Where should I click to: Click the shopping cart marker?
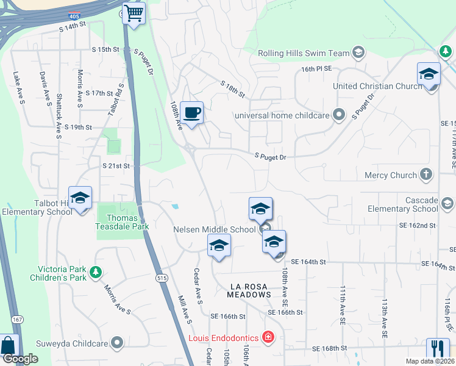point(134,13)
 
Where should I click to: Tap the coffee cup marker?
point(192,113)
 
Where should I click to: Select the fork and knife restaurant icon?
point(438,348)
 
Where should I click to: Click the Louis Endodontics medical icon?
point(267,337)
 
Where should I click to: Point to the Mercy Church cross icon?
point(426,175)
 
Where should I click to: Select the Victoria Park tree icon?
point(95,273)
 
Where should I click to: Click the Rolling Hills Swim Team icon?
point(358,53)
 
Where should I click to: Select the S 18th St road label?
point(232,90)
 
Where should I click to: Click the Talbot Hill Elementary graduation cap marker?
point(80,198)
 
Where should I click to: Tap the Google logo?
point(20,359)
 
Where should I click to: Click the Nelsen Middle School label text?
point(214,229)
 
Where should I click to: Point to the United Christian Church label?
point(377,86)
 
